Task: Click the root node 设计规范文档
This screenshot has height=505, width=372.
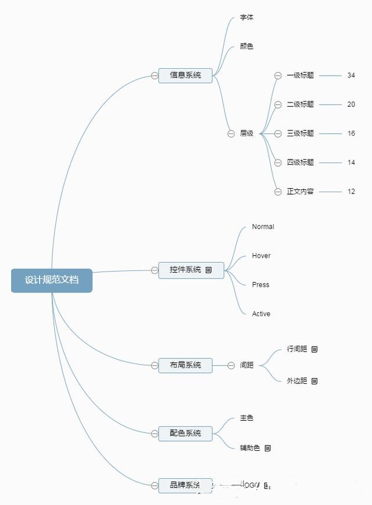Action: tap(52, 280)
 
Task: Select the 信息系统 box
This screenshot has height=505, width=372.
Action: tap(185, 75)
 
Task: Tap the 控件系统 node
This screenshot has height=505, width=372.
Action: tap(185, 270)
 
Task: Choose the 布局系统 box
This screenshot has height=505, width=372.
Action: tap(185, 365)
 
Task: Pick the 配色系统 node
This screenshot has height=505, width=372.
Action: tap(185, 433)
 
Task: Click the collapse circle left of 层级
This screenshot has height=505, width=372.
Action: tap(231, 133)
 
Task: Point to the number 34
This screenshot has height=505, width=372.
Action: tap(351, 75)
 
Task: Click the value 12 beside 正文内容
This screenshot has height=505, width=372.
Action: tap(351, 192)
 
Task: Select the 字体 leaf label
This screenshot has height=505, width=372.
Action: tap(246, 17)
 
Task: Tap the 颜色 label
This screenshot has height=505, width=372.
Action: tap(246, 46)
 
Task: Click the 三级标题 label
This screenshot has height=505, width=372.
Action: tap(300, 133)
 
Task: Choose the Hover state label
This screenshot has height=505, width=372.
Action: tap(261, 256)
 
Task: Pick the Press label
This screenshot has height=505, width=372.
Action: tap(260, 285)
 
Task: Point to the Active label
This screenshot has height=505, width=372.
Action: tap(261, 314)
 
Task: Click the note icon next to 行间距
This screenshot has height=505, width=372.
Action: tap(314, 349)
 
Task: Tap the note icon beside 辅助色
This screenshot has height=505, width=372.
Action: tap(268, 448)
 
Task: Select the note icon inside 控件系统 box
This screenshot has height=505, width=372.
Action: tap(209, 270)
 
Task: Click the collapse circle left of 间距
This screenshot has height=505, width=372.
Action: tap(231, 365)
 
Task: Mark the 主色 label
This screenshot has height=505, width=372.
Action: tap(246, 418)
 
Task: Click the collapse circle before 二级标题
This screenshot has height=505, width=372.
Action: tap(278, 104)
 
